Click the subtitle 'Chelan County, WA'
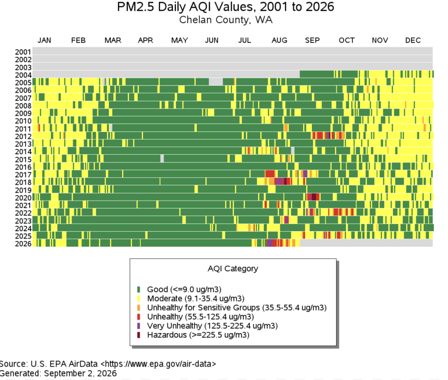[226, 20]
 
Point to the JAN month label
[44, 40]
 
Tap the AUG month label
[279, 40]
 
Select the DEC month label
[413, 40]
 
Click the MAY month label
[179, 40]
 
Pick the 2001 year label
[23, 52]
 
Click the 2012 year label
[23, 137]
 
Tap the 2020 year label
[23, 198]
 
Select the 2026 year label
[23, 244]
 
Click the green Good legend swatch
[139, 290]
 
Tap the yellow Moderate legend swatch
[139, 299]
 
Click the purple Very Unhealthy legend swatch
[139, 326]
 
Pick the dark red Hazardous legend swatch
[139, 335]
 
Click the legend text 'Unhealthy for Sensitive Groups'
[203, 308]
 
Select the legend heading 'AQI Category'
[233, 269]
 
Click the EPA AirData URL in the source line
[158, 364]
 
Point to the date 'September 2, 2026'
[80, 373]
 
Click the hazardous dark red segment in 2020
[314, 197]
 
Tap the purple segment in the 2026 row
[269, 243]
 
